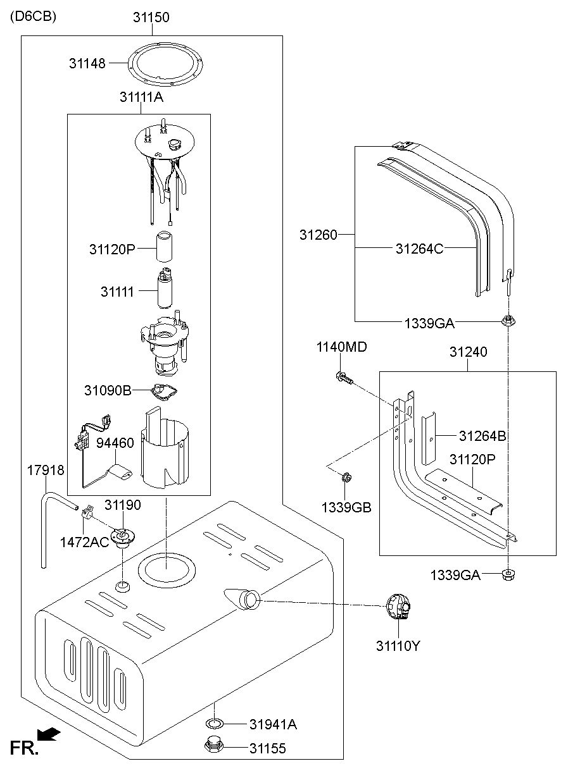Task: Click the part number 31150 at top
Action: click(x=151, y=18)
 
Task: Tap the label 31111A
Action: click(x=141, y=97)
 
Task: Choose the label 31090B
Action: click(x=108, y=391)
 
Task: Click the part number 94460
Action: click(x=115, y=443)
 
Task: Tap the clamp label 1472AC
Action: click(x=85, y=542)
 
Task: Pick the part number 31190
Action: click(x=123, y=505)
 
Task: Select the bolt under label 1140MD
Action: click(x=343, y=378)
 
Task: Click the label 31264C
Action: click(x=419, y=249)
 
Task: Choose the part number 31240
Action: click(x=468, y=352)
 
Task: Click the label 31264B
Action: click(x=482, y=436)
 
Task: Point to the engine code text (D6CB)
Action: click(x=33, y=17)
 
